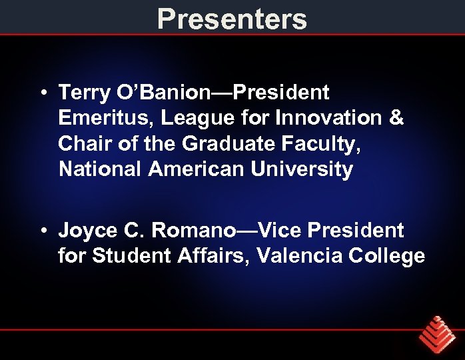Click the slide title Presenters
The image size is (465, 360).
coord(232,19)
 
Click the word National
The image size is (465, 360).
coord(101,169)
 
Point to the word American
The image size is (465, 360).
coord(197,169)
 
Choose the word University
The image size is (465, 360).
coord(302,169)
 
